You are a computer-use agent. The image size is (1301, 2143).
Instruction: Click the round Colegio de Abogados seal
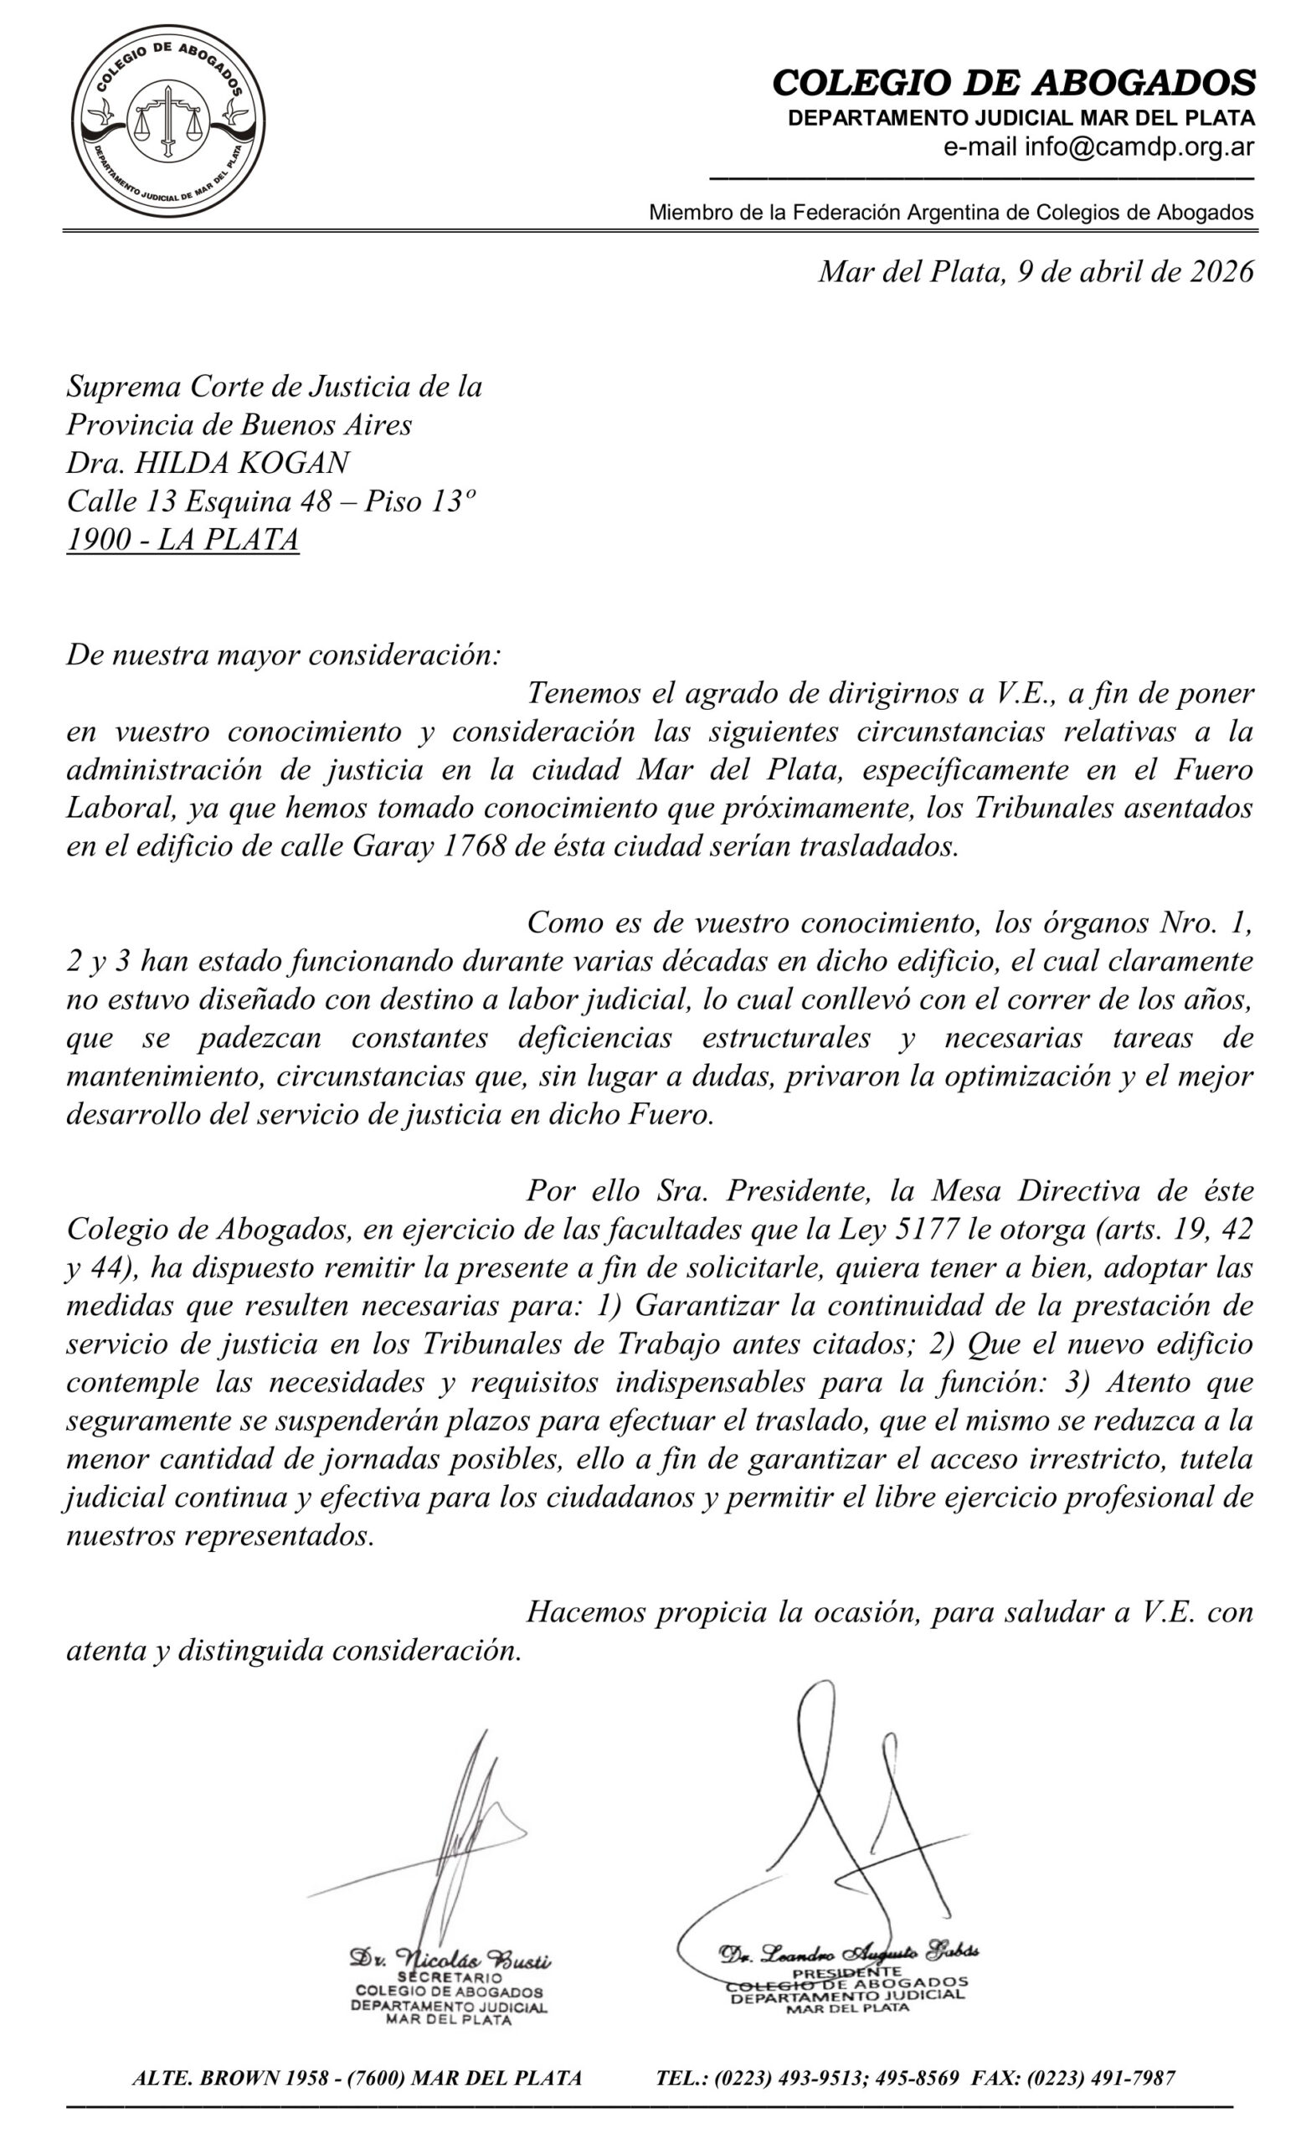[167, 120]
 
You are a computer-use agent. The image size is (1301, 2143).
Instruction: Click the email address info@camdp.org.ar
[1139, 146]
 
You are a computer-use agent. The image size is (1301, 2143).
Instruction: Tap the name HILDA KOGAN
[243, 463]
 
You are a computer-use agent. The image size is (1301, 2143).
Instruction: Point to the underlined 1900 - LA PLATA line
[183, 539]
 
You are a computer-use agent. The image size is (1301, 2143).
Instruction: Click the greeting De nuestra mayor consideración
[284, 654]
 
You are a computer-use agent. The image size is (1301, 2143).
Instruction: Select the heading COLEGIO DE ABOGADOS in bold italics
[1013, 84]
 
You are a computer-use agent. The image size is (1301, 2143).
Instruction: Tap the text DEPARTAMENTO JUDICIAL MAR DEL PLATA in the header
[1020, 118]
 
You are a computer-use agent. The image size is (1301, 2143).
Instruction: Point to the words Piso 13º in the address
[420, 501]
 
